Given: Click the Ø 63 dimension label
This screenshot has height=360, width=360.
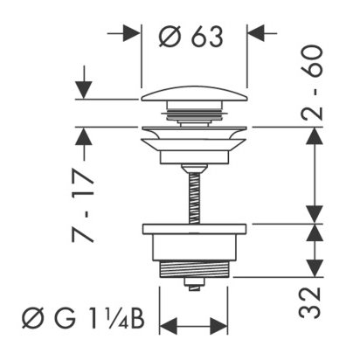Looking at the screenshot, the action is pyautogui.click(x=191, y=36).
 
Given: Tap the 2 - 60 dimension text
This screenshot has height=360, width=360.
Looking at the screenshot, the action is pyautogui.click(x=312, y=83).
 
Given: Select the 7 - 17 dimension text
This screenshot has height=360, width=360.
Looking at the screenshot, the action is pyautogui.click(x=83, y=205).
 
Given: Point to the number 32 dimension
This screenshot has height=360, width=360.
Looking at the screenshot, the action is pyautogui.click(x=309, y=302).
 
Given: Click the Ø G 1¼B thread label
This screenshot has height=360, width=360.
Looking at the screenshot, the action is pyautogui.click(x=83, y=320).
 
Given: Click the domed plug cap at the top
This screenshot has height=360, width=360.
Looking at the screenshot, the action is pyautogui.click(x=195, y=93).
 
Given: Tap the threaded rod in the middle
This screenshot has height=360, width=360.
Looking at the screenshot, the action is pyautogui.click(x=194, y=198).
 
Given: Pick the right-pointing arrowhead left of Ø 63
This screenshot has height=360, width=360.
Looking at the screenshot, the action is pyautogui.click(x=132, y=33).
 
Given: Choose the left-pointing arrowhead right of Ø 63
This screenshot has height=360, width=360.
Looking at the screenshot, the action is pyautogui.click(x=256, y=33).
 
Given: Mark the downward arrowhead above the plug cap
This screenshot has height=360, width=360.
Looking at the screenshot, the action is pyautogui.click(x=84, y=90).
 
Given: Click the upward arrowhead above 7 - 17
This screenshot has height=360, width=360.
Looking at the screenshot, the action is pyautogui.click(x=84, y=136).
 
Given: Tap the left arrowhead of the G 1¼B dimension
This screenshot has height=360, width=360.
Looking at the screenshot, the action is pyautogui.click(x=169, y=326).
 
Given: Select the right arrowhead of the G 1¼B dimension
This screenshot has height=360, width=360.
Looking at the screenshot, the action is pyautogui.click(x=218, y=326).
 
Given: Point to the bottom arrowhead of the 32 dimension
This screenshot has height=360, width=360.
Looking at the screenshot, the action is pyautogui.click(x=315, y=268).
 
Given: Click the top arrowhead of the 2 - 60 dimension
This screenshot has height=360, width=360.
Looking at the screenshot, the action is pyautogui.click(x=315, y=135).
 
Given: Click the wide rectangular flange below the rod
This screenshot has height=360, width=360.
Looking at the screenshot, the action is pyautogui.click(x=194, y=229).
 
